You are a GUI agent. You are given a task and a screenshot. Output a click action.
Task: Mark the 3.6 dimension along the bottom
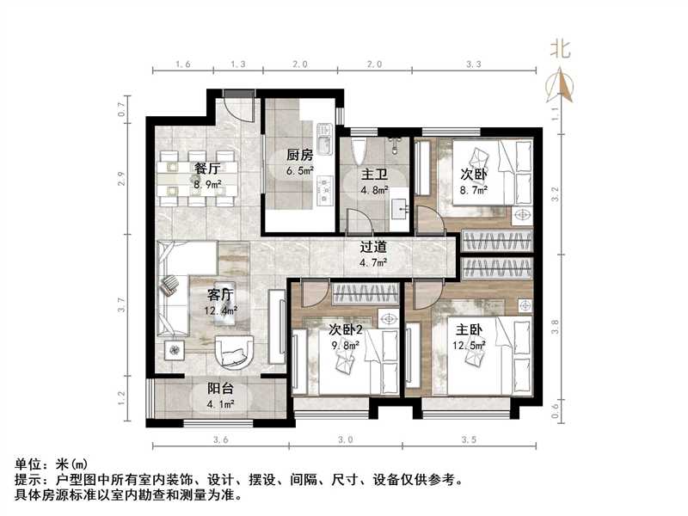221,439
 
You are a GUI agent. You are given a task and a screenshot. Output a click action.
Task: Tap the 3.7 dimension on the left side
122,304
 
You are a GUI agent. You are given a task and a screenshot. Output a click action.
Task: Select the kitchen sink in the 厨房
324,138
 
